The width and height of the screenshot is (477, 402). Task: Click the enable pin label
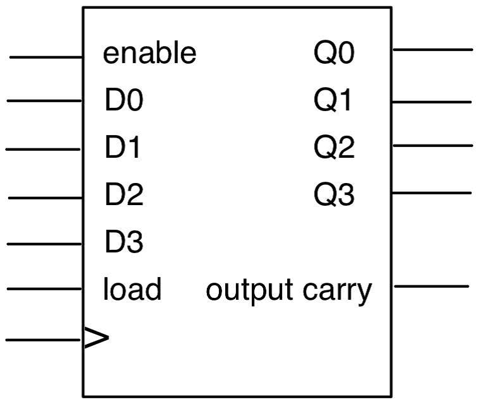click(x=150, y=54)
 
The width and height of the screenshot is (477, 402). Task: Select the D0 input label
click(x=124, y=101)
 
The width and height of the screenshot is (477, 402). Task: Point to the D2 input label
click(x=124, y=195)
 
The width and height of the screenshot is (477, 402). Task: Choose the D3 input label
click(x=124, y=242)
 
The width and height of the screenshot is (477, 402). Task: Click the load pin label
click(x=132, y=289)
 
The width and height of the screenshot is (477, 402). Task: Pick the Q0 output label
click(x=334, y=54)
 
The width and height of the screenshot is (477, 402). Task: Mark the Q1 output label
click(x=334, y=101)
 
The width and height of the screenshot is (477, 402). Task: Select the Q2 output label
click(x=334, y=148)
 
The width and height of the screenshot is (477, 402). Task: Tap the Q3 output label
click(x=334, y=195)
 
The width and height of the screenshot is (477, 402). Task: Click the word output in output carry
click(x=249, y=290)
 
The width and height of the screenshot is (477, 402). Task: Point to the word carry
click(x=337, y=292)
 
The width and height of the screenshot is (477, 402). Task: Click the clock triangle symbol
click(x=96, y=339)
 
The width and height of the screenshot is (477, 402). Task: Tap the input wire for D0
click(x=44, y=100)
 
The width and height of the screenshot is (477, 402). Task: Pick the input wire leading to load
click(x=44, y=290)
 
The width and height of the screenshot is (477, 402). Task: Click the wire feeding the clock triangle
click(x=44, y=340)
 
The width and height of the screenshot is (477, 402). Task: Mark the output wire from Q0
click(x=432, y=49)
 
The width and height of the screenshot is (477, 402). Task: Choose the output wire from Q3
click(x=432, y=192)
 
